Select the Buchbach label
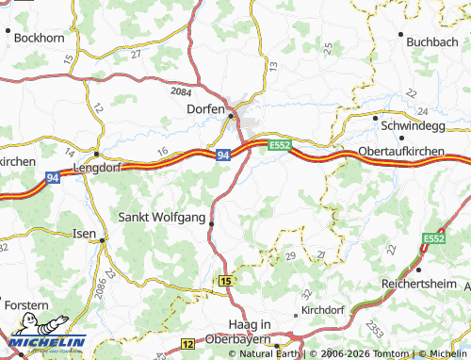pos(432,41)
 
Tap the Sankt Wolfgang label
pos(160,217)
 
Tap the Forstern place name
pos(25,305)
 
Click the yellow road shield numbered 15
pos(225,281)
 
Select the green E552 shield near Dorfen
pos(279,145)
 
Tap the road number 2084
pos(180,92)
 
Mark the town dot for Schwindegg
pos(375,119)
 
